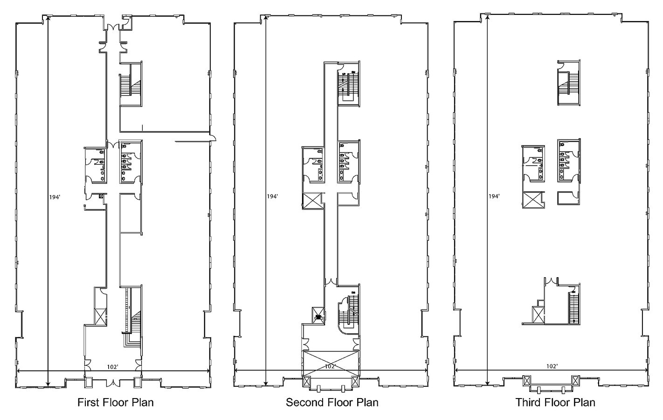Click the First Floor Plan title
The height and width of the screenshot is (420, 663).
(x=116, y=403)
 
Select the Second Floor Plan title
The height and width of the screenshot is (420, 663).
(x=332, y=403)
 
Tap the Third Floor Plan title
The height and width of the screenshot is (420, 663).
(x=555, y=403)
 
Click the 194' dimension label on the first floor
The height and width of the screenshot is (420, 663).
(x=55, y=197)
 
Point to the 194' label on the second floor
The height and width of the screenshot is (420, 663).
(x=272, y=196)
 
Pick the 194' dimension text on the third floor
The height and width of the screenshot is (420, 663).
(x=494, y=196)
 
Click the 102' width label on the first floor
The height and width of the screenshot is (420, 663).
(x=112, y=367)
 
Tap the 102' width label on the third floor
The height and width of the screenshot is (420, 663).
(x=552, y=366)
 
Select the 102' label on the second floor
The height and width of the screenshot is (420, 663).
(x=330, y=366)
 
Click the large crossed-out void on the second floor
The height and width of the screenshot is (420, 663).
(x=331, y=364)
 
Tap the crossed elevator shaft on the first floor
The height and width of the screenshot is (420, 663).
(x=100, y=317)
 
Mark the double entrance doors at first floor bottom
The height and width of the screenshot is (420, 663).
(x=112, y=383)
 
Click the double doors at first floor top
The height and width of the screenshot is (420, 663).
(x=113, y=27)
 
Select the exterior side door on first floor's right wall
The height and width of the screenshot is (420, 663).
(x=213, y=137)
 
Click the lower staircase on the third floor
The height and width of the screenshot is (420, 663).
(x=574, y=308)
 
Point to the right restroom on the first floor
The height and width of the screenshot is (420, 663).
(x=131, y=162)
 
